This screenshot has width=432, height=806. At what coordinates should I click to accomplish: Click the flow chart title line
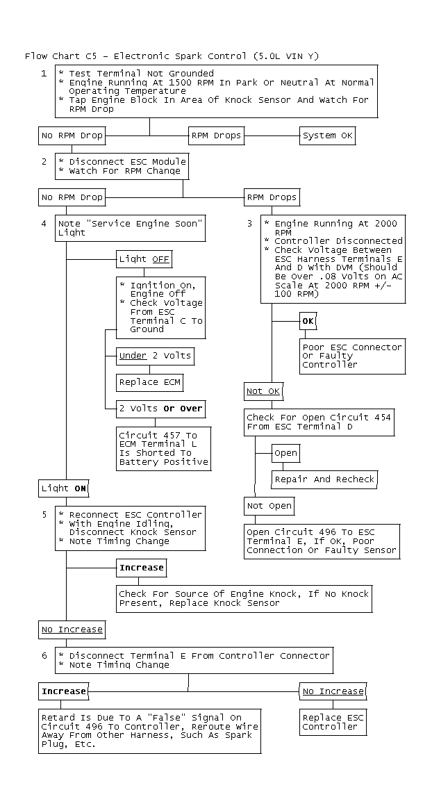point(172,56)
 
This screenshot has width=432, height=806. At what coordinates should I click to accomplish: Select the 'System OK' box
point(327,135)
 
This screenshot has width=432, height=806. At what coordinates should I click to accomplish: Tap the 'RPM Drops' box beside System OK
point(216,135)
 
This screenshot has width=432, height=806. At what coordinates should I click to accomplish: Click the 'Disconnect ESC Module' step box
point(122,166)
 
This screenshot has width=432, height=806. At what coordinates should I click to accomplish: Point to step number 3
point(249,224)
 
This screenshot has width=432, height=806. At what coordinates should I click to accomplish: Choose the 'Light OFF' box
point(144,259)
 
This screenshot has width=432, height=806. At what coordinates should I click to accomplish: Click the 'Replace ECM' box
point(149,382)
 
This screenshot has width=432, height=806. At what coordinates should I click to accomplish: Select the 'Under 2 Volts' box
point(155,356)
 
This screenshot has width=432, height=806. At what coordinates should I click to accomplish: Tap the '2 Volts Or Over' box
point(160,409)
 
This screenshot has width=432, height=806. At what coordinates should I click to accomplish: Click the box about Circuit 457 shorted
point(164,448)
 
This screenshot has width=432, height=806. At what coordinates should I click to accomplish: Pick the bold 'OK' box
point(308,321)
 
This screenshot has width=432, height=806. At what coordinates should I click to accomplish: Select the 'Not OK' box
point(263,391)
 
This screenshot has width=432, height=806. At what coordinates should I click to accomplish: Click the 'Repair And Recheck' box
point(324,479)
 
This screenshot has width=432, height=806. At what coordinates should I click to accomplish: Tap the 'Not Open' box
point(269,506)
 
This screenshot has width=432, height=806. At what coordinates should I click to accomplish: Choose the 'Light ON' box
point(64,488)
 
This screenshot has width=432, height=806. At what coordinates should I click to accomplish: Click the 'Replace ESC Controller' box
point(333,722)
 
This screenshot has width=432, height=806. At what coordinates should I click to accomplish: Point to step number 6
point(44,655)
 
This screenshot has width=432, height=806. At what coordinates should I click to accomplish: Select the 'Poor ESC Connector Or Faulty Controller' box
point(352,356)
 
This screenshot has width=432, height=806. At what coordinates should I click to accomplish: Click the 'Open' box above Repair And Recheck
point(285,453)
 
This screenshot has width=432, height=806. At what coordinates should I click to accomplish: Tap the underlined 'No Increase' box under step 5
point(72,630)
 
